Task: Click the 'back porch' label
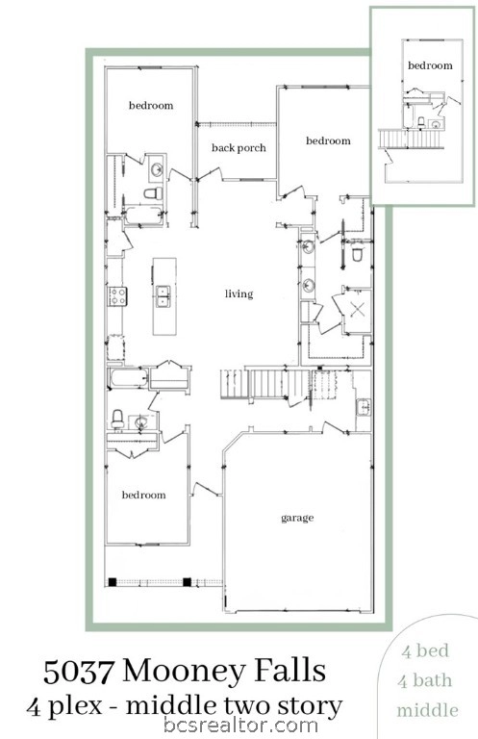[239, 147]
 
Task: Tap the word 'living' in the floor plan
[239, 293]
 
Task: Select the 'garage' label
[297, 518]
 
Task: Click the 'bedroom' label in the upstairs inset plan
[429, 65]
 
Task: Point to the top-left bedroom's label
[151, 105]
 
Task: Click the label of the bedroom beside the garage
[143, 495]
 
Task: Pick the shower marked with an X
[357, 310]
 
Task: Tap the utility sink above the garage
[364, 407]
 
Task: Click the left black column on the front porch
[113, 581]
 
